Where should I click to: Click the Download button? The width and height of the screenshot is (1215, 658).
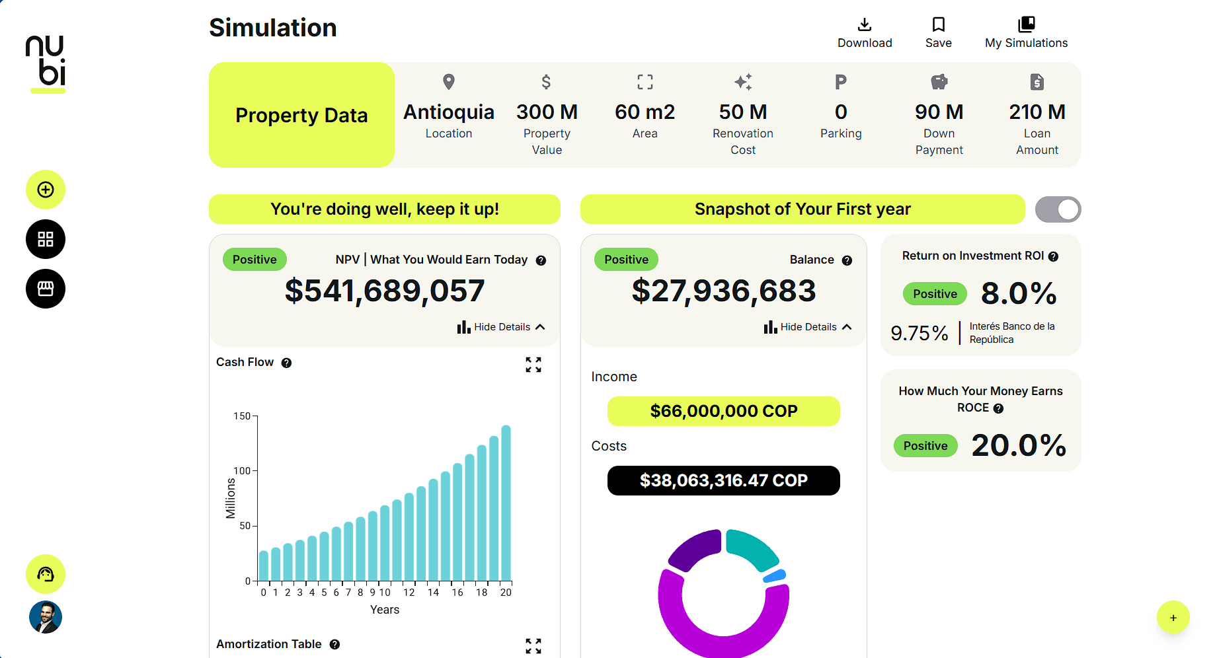coord(864,33)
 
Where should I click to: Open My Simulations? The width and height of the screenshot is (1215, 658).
coord(1026,33)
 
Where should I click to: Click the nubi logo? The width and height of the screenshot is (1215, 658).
coord(46,63)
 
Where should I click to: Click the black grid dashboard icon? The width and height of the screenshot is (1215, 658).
coord(46,239)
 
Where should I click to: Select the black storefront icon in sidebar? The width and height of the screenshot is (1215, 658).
coord(46,289)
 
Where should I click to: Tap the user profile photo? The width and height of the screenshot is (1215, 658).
coord(46,617)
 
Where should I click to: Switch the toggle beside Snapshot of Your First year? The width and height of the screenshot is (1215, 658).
coord(1058,209)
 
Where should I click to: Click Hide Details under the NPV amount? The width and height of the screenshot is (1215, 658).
coord(501,327)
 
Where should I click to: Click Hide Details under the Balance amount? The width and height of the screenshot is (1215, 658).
coord(808,327)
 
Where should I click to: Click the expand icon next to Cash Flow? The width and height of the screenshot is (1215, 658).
coord(533,365)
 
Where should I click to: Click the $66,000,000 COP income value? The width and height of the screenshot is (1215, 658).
coord(723,412)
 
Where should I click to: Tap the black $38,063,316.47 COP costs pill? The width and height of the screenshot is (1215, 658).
coord(723,480)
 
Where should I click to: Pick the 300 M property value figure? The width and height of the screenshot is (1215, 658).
coord(547,112)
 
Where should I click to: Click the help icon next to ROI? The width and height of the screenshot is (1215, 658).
coord(1053,256)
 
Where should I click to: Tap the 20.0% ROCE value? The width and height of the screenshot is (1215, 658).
coord(1019,446)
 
